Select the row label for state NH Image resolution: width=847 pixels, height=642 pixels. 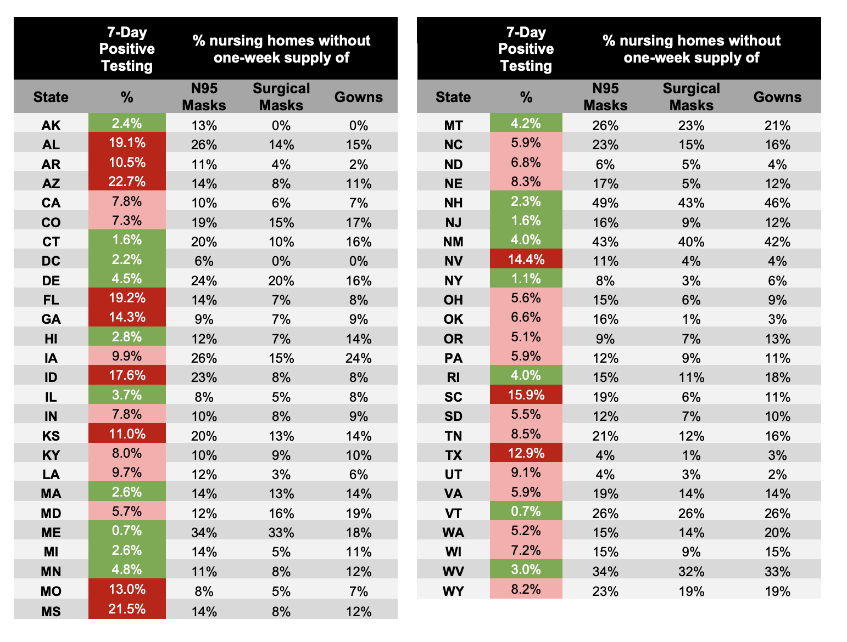coord(453,202)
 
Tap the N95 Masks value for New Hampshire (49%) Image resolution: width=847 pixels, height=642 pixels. coord(605,202)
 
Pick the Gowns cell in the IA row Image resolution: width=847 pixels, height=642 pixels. coord(358,358)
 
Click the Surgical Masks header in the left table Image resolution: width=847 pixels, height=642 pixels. coord(281,97)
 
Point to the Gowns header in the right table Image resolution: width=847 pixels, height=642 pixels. coord(777,97)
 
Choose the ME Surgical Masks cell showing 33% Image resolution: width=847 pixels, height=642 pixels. coord(281,532)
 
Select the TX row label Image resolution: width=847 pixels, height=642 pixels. coord(453,455)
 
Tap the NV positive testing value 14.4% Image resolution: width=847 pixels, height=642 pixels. coord(526,259)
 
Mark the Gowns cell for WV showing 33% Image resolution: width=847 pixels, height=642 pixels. coord(777,571)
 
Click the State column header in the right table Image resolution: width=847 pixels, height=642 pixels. coord(453,97)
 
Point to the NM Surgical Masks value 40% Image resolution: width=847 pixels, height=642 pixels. coord(691,241)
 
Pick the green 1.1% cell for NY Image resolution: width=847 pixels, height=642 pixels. coord(526,279)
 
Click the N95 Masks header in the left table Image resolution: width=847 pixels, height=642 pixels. coord(204,97)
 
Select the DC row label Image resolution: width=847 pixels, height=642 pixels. coord(51,261)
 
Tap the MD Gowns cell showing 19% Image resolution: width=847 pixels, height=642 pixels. coord(358,513)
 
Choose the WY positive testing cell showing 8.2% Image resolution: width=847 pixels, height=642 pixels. coord(526,589)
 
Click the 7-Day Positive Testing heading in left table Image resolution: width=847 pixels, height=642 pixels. coord(127,49)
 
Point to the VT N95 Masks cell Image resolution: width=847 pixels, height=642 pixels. coord(605,513)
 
